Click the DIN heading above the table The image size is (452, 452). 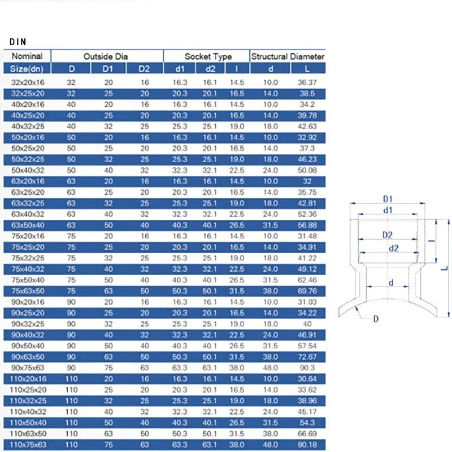pos(18,42)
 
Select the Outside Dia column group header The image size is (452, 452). pos(106,56)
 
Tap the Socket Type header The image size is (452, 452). pos(208,56)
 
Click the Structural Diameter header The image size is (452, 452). pos(288,56)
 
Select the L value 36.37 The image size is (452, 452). pos(307,82)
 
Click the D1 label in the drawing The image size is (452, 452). pos(388,199)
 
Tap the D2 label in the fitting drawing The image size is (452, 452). pos(387,234)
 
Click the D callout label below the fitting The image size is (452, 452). pos(375,320)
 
